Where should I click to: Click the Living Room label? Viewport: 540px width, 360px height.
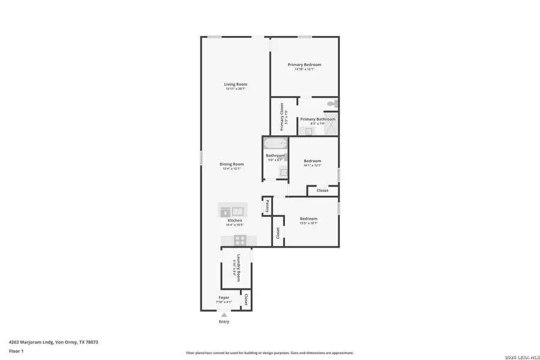point(236,84)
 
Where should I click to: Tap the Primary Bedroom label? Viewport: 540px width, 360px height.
point(304,65)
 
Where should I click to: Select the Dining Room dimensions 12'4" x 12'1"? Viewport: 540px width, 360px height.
point(232,169)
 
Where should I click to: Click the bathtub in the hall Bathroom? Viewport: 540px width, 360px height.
point(275,143)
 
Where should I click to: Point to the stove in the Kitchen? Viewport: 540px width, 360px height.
point(239,240)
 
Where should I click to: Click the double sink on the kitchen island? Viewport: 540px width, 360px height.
point(232,211)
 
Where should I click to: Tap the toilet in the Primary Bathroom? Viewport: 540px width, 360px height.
point(332,104)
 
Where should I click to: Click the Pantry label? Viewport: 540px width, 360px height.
point(267,206)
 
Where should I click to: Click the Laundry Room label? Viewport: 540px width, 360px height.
point(238,268)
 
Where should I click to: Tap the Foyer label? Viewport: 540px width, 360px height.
point(223,298)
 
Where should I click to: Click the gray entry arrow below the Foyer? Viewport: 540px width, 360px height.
point(224,314)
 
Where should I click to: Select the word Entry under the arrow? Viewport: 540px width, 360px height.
point(224,322)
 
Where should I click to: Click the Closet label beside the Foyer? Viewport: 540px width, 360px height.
point(245,299)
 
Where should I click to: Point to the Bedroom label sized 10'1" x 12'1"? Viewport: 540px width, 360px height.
point(312,161)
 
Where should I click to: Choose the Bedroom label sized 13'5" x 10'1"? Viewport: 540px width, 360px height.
point(308,218)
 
